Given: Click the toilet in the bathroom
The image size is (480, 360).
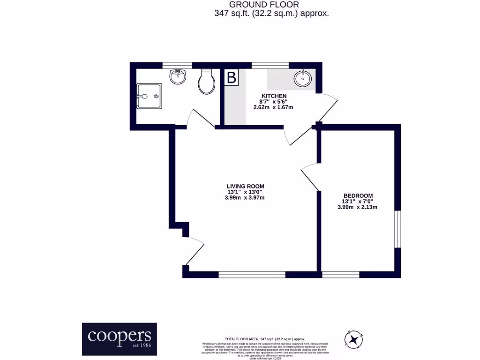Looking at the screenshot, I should pyautogui.click(x=206, y=82).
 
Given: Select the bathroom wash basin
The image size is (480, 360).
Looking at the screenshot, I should pyautogui.click(x=178, y=76).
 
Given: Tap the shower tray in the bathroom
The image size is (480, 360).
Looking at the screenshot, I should pyautogui.click(x=150, y=96).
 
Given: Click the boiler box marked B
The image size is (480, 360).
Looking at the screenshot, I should pyautogui.click(x=232, y=77).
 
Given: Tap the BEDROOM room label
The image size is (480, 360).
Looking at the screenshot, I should pyautogui.click(x=358, y=195).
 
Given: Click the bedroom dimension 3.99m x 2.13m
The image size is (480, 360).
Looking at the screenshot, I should pyautogui.click(x=358, y=207).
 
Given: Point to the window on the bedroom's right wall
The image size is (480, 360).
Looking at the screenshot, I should pyautogui.click(x=397, y=229).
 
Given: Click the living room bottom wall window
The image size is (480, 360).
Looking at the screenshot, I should pyautogui.click(x=252, y=274).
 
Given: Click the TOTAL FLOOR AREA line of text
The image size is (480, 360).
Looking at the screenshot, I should pyautogui.click(x=265, y=338).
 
